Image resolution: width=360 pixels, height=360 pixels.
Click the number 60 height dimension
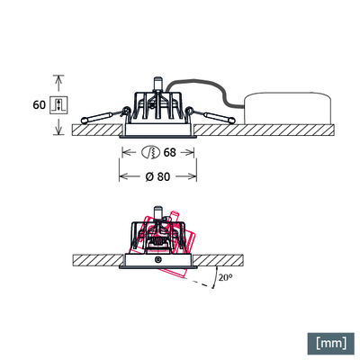pyautogui.click(x=39, y=104)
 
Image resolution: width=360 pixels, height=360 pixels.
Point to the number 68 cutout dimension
pyautogui.click(x=169, y=152)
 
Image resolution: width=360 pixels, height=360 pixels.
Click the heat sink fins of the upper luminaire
pyautogui.click(x=157, y=108)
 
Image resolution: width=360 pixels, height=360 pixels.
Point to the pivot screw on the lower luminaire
pyautogui.click(x=158, y=260)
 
